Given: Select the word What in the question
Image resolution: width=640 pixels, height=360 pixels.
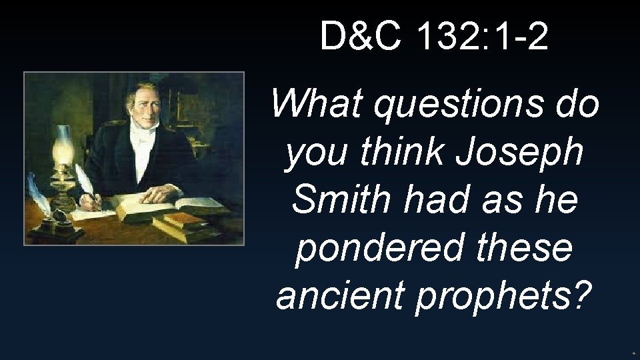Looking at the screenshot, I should point(317,105).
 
